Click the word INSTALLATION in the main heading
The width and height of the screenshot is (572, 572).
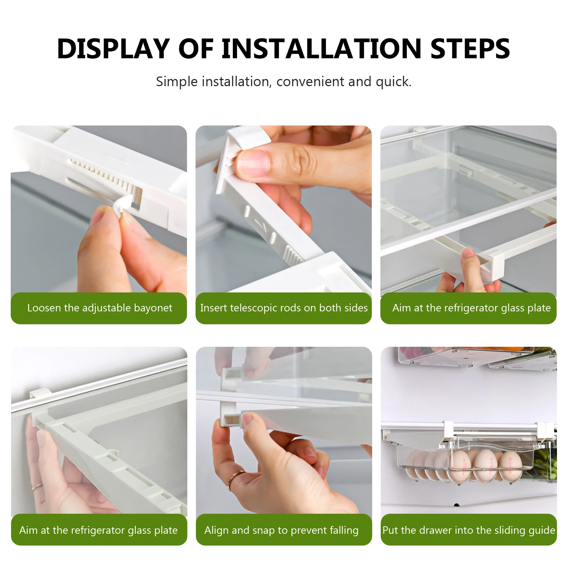(322, 49)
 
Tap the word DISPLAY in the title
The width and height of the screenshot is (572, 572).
(113, 49)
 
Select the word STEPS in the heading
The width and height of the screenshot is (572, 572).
(470, 49)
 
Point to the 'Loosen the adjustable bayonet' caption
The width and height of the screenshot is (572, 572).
(99, 308)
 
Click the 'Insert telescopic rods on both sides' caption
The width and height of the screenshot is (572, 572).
(284, 308)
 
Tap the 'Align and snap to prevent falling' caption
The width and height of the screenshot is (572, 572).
(281, 530)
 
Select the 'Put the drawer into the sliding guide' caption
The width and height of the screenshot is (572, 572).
(469, 530)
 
